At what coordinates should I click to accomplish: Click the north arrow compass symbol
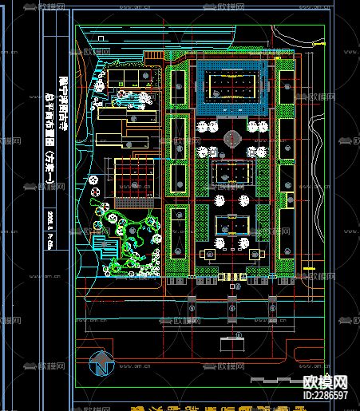pyautogui.click(x=101, y=364)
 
